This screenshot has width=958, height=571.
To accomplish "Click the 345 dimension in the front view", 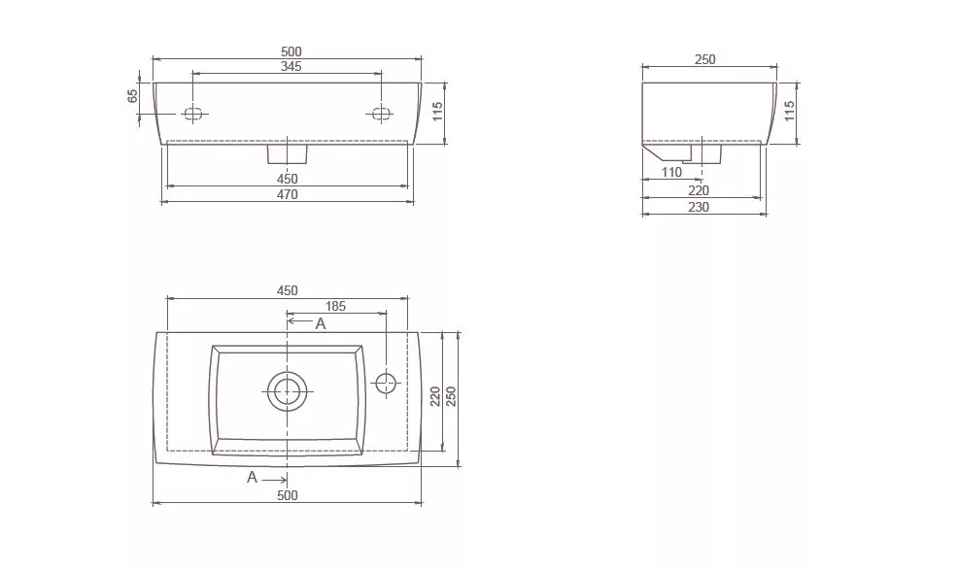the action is point(291,67).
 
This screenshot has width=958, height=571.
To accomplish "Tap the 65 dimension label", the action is point(133,96).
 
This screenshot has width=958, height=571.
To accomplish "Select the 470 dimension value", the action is point(288,195).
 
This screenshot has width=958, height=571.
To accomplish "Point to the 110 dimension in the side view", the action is point(671,172).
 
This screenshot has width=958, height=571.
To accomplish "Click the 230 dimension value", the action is point(699,207).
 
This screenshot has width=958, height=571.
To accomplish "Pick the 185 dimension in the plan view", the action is point(335,306).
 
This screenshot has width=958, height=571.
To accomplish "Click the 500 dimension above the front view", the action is point(291,51).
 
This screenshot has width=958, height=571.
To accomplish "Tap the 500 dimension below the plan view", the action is point(288,495).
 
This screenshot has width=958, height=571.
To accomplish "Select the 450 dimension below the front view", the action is point(288,179).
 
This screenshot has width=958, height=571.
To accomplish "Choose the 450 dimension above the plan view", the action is point(288,290).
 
